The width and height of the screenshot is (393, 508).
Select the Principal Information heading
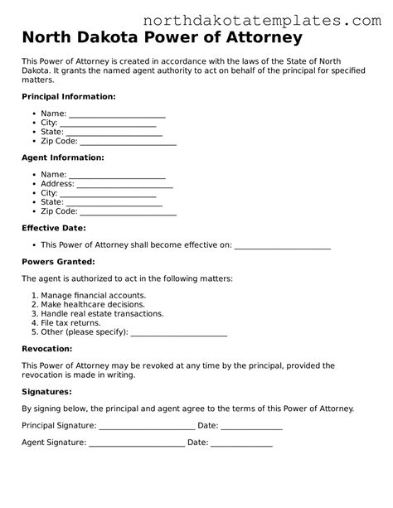tap(68, 97)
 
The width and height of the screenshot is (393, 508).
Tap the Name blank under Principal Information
tap(117, 114)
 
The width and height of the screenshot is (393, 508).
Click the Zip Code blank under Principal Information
tap(128, 142)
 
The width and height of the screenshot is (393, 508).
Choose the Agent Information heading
tap(62, 157)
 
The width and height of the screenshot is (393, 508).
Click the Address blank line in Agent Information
tap(124, 185)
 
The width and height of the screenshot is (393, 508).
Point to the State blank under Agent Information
tap(113, 202)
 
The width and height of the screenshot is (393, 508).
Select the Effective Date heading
tap(53, 228)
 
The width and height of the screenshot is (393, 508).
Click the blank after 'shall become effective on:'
tap(283, 246)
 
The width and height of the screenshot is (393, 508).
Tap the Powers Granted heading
tap(57, 262)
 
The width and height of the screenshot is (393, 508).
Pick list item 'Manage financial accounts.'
tap(93, 296)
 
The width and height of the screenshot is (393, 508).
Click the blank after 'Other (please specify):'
tap(179, 334)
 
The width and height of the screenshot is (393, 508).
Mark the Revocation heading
tap(47, 349)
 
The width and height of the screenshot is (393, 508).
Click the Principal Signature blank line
tap(147, 427)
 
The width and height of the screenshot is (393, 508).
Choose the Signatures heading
tap(46, 391)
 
